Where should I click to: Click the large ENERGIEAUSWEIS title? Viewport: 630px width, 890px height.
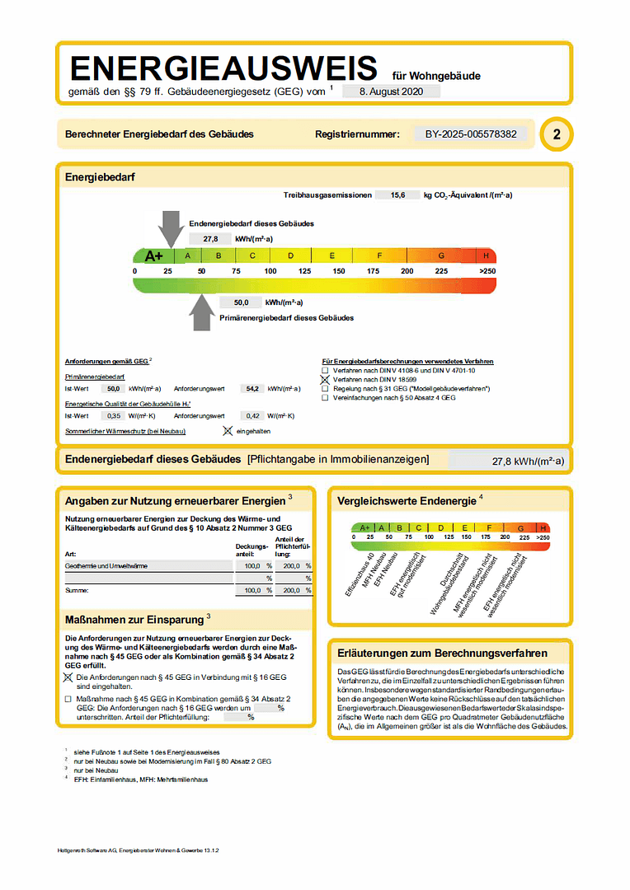tap(223, 67)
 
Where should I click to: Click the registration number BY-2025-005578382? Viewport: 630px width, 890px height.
tap(471, 133)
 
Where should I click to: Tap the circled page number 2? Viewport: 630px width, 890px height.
tap(556, 134)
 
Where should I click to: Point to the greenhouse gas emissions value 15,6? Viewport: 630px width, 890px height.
tap(397, 195)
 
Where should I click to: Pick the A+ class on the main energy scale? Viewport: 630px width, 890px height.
tap(153, 255)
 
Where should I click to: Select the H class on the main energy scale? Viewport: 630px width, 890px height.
tap(487, 255)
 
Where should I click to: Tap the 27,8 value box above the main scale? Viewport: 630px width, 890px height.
tap(209, 238)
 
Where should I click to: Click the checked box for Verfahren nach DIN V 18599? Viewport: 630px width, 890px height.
tap(325, 379)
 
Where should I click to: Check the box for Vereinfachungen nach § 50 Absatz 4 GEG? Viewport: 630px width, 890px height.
tap(325, 397)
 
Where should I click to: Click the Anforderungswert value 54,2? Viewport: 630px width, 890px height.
tap(252, 388)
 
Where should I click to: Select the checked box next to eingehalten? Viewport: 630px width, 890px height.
tap(228, 430)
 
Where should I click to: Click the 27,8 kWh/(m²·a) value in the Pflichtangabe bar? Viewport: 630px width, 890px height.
tap(528, 461)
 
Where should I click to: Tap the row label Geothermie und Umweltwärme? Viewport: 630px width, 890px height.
tap(106, 566)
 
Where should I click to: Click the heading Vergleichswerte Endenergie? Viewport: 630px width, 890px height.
tap(407, 500)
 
